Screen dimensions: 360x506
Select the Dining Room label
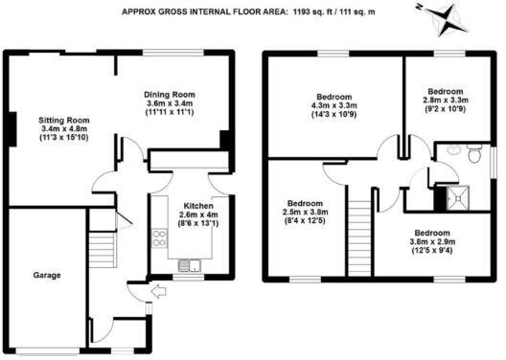[x=170, y=94]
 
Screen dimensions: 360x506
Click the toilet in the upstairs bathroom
[x=448, y=151]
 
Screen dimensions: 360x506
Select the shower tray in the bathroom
[x=447, y=198]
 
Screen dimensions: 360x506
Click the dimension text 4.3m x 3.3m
[x=334, y=106]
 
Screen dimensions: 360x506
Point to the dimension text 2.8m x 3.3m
[x=444, y=100]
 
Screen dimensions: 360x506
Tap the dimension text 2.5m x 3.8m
[x=304, y=214]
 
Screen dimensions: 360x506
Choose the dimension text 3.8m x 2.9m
[x=431, y=242]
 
